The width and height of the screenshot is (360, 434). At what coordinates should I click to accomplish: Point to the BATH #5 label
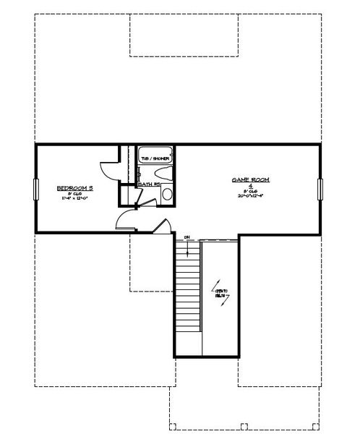pos(148,184)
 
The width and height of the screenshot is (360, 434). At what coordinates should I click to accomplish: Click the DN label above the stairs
pos(187,237)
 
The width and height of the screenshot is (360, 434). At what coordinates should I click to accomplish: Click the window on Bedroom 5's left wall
pos(34,187)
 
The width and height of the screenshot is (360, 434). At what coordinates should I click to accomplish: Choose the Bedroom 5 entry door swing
pos(124,219)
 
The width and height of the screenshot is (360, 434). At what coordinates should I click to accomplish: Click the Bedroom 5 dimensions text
pos(75,198)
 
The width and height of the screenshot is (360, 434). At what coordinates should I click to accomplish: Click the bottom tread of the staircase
pos(187,331)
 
